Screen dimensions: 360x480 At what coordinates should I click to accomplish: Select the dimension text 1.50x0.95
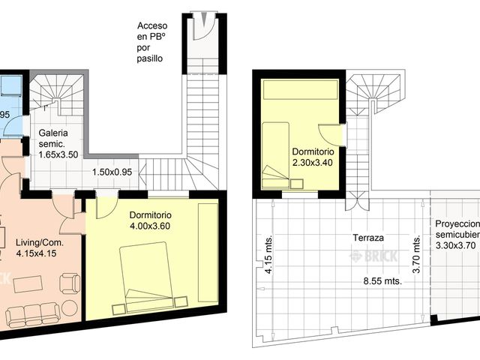click(x=112, y=172)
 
